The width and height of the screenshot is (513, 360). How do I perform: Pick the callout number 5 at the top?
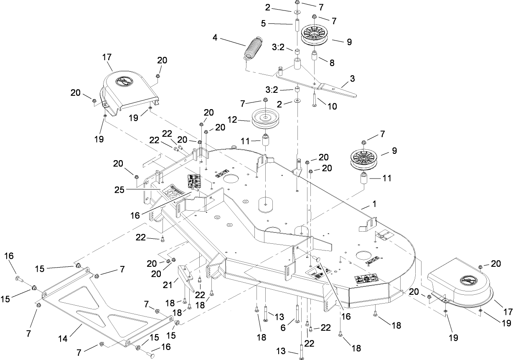[263, 24]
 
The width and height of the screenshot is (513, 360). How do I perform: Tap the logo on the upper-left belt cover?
[124, 81]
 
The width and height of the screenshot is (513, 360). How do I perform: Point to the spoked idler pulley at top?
[314, 34]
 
